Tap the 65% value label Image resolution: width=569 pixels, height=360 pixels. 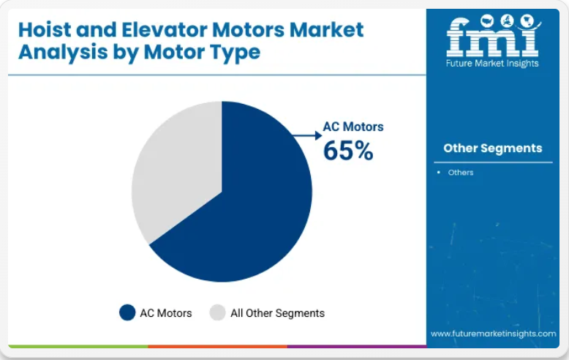[x=348, y=150]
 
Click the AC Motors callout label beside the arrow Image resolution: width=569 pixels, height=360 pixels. [x=353, y=127]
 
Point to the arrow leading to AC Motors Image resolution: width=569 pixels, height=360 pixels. [x=307, y=135]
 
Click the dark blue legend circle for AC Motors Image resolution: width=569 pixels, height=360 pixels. [x=127, y=312]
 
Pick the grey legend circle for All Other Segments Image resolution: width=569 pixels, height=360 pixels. [x=218, y=312]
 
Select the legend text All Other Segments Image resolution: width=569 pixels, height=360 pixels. [x=278, y=313]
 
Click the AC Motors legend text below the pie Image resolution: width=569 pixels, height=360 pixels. [x=166, y=313]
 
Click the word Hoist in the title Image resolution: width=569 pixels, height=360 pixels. [x=45, y=30]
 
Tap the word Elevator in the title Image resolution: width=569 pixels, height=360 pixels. [x=165, y=30]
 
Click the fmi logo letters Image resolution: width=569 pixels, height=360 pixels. [x=492, y=37]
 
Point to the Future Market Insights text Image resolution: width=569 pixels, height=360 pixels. [x=492, y=63]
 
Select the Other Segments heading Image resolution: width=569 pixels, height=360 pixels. [x=493, y=148]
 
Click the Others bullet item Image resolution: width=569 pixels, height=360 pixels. [x=461, y=173]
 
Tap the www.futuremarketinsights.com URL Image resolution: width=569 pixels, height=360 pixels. [x=494, y=334]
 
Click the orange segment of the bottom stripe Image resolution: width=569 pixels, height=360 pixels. [x=218, y=347]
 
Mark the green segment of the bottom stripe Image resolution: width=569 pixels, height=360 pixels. [x=78, y=347]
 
